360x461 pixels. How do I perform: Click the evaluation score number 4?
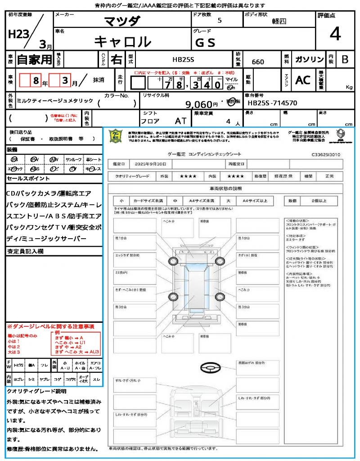[x=335, y=34]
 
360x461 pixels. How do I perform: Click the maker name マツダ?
[x=122, y=21]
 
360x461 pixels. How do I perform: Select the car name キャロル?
[x=122, y=41]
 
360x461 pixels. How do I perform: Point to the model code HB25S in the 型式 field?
[x=183, y=59]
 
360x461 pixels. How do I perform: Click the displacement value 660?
[x=258, y=62]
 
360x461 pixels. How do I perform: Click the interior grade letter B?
[x=345, y=59]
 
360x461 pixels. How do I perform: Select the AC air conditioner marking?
[x=302, y=80]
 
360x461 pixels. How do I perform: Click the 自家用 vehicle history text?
[x=34, y=59]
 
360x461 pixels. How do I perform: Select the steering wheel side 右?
[x=117, y=59]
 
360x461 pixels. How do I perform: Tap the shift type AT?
[x=180, y=121]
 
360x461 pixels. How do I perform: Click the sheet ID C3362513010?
[x=326, y=154]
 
